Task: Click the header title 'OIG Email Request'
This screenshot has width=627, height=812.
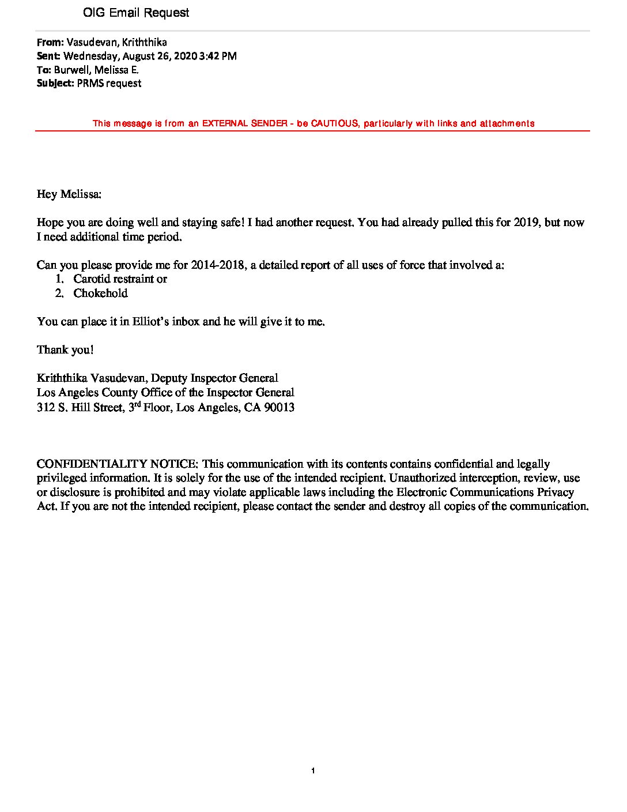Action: coord(136,13)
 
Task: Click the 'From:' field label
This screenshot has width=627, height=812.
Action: coord(50,42)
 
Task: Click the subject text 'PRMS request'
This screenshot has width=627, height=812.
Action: coord(109,83)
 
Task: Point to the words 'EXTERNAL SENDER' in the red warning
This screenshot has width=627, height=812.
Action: coord(245,123)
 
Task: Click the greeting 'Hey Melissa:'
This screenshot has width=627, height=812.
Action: coord(69,194)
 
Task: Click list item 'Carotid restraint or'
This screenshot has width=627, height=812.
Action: coord(120,279)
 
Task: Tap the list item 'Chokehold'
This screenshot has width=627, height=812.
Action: coord(100,294)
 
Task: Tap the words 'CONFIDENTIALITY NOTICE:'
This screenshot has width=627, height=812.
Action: coord(118,464)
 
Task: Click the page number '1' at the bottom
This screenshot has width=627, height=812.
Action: coord(312,771)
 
